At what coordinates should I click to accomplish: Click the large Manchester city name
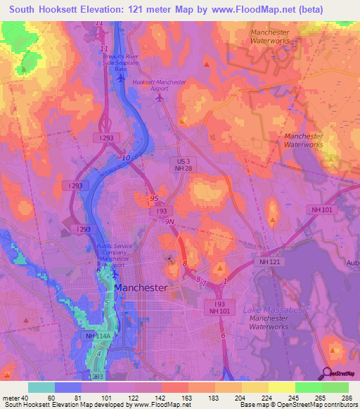click(141, 288)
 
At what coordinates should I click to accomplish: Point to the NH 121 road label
click(271, 261)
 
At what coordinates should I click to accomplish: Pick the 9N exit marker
click(169, 221)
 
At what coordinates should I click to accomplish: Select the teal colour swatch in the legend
click(41, 387)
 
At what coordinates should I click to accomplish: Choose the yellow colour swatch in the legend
click(281, 387)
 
